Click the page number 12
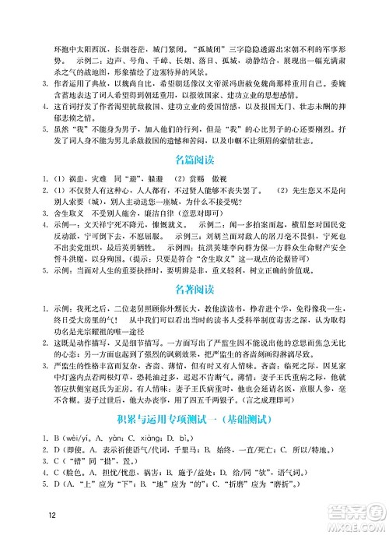tap(52, 515)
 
